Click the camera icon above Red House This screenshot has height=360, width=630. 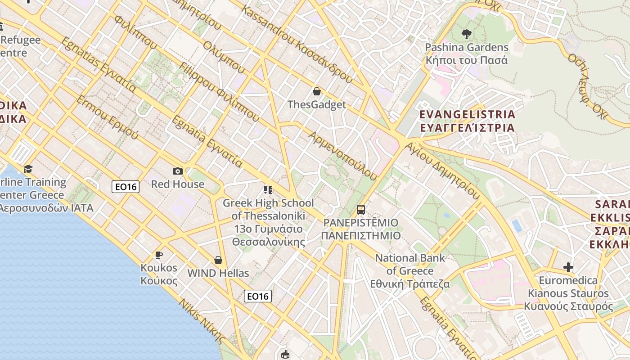178,171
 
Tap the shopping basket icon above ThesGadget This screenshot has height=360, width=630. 317,92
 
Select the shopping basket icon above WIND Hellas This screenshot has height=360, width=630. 218,260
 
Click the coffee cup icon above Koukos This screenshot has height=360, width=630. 158,255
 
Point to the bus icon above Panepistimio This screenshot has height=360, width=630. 361,209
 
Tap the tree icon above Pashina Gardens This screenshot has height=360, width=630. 467,34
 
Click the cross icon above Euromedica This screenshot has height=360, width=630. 568,268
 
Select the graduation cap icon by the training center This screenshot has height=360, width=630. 28,169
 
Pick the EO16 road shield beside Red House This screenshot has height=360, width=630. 126,186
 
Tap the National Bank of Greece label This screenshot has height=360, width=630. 410,271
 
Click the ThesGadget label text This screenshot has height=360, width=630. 317,105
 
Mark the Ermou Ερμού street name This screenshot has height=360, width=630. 107,117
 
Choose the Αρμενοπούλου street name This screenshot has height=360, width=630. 342,156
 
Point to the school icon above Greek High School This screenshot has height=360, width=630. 268,190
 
